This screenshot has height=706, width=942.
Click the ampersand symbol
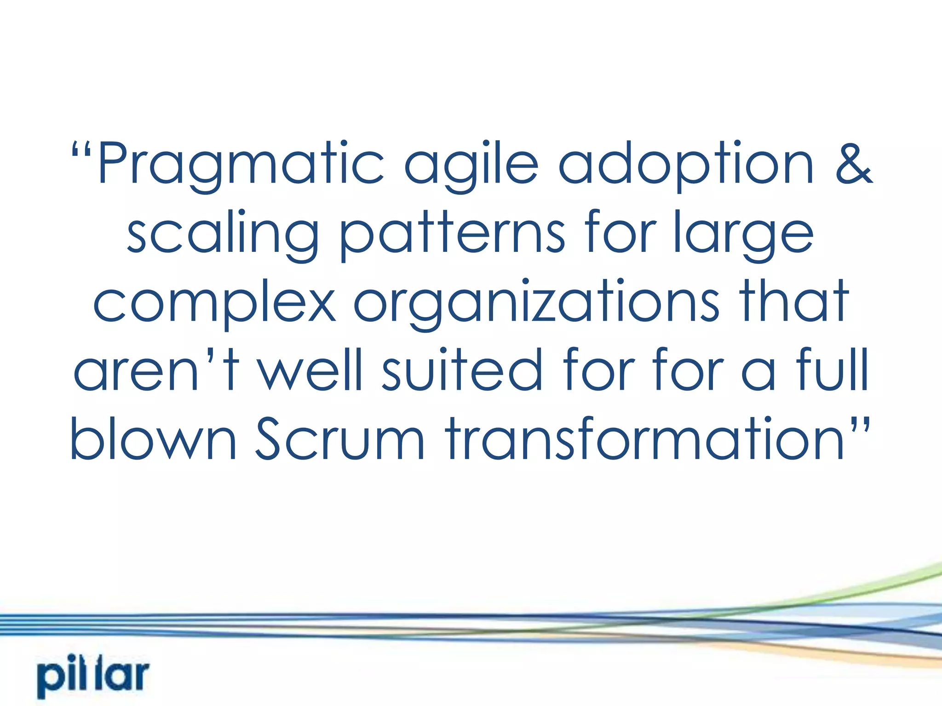pyautogui.click(x=854, y=164)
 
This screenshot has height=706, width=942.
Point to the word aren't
pyautogui.click(x=156, y=370)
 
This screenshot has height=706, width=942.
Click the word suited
pyautogui.click(x=462, y=370)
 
